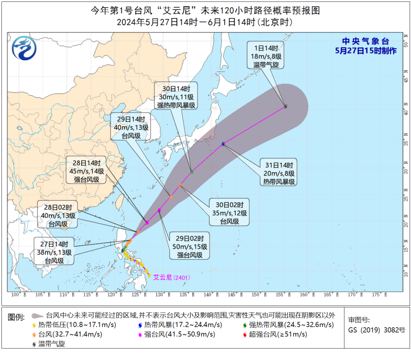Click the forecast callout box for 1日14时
[x=264, y=56]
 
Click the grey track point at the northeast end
[x=286, y=107]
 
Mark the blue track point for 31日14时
[x=223, y=143]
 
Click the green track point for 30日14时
[x=192, y=172]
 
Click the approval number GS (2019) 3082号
[x=376, y=330]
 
